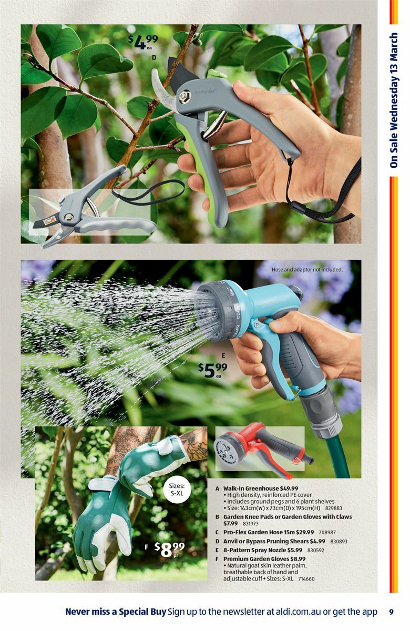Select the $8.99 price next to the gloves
click(170, 549)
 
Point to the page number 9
click(391, 612)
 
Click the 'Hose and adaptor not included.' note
click(307, 270)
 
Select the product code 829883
click(333, 508)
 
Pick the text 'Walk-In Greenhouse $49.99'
click(260, 488)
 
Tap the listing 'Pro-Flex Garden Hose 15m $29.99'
click(269, 532)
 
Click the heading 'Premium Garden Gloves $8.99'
click(264, 559)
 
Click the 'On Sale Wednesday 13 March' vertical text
click(394, 100)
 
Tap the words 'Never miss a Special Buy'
click(116, 612)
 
